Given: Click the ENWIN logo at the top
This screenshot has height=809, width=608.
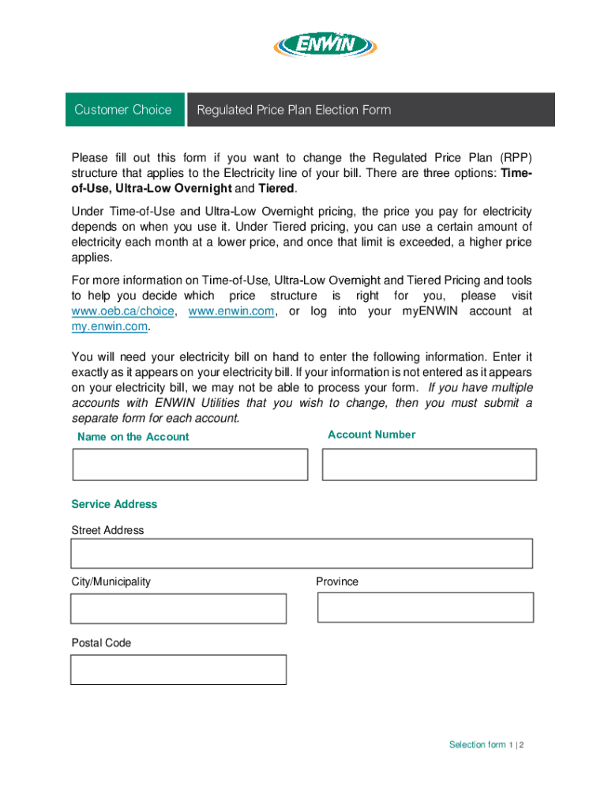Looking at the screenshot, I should click(325, 47).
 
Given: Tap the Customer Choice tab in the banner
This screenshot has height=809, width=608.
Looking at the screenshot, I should click(122, 110).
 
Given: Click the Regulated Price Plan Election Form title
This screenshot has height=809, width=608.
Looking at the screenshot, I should click(294, 110).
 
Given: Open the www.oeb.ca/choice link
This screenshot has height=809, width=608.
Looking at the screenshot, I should click(122, 311).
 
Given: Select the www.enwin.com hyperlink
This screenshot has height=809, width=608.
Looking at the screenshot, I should click(232, 311).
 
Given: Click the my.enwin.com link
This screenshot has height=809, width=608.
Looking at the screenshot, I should click(110, 326).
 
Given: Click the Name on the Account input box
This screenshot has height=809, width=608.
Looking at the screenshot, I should click(190, 464).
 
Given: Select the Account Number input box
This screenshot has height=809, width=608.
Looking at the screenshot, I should click(430, 464).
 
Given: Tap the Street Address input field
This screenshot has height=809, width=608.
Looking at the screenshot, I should click(302, 553).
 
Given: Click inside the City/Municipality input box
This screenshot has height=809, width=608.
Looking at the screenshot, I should click(178, 608).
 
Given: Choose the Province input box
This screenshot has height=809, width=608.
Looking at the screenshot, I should click(426, 608).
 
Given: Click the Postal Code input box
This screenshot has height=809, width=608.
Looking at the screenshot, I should click(178, 669).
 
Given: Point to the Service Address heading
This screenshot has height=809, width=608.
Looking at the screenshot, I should click(114, 504).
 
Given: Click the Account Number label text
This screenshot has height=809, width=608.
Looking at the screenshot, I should click(371, 435).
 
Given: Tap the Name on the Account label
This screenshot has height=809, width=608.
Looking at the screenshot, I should click(133, 437).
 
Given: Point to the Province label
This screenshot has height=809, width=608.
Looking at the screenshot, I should click(337, 581).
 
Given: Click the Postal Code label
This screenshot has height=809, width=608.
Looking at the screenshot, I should click(101, 643).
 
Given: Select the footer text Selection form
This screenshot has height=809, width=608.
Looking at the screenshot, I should click(477, 745).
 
